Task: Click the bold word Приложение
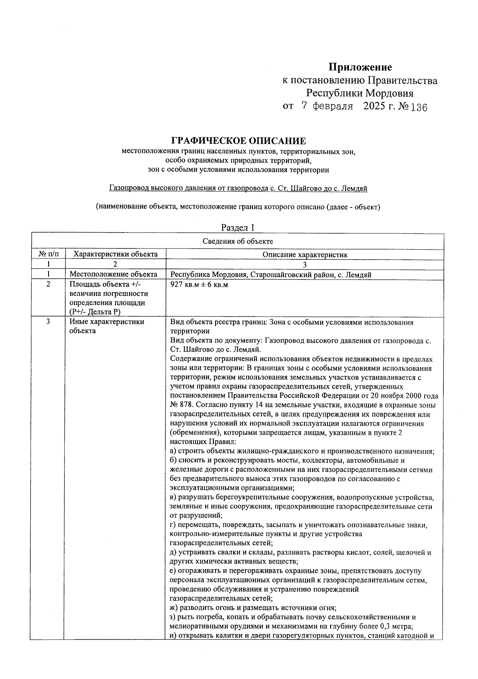coord(360,67)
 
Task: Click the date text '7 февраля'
coord(327,107)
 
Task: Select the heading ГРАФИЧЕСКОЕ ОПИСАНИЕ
coord(238,141)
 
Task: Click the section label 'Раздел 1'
coord(238,228)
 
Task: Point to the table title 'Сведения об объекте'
coord(238,241)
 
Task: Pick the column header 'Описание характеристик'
coord(305,255)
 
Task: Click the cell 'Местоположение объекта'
coord(113,274)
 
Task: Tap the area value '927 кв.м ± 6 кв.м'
coord(199,285)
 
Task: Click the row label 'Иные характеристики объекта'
coord(107,326)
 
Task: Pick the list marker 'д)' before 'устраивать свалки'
coord(173,553)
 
